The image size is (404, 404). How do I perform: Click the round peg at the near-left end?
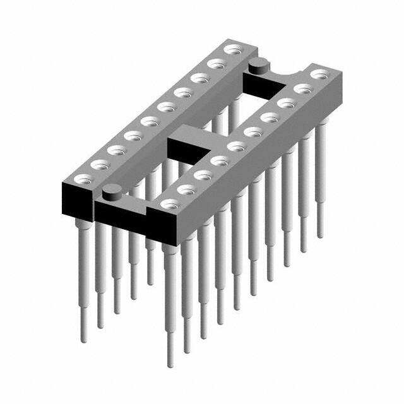(111, 189)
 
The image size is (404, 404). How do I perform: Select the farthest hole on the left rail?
(233, 49)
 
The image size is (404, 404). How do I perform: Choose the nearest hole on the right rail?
(169, 204)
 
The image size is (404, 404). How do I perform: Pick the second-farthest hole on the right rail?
(302, 89)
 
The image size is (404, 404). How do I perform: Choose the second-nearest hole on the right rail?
(186, 188)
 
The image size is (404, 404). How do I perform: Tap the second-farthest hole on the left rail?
(217, 63)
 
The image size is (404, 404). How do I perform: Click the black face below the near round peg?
(120, 211)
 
